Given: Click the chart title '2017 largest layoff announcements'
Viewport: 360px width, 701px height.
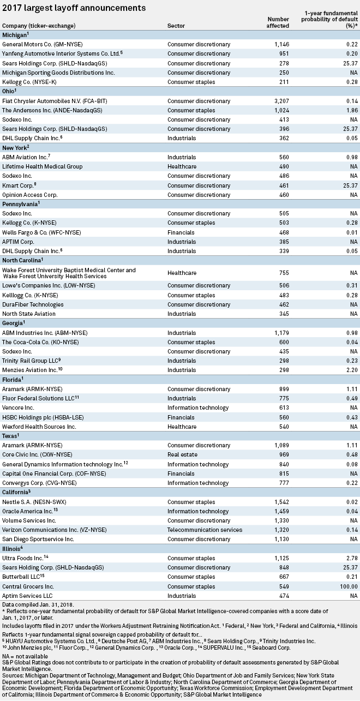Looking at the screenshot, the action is coord(74,8).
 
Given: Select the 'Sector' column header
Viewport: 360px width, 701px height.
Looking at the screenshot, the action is coord(176,26).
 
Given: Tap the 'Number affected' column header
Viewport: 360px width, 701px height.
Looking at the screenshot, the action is coord(278,22).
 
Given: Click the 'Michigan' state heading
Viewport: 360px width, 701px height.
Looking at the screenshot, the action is coord(14,35).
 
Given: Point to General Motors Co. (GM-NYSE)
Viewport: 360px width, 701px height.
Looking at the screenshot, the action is coord(42,44).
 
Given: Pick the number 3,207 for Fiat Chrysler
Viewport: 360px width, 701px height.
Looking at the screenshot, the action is coord(282,101).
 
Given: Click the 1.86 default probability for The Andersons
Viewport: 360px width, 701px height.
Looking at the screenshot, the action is coord(352,111).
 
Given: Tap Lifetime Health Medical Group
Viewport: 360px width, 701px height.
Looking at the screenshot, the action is coord(42,166).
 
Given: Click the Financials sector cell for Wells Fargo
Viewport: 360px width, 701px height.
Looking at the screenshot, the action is coord(181,232).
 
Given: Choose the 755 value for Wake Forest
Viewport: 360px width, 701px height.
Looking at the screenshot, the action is coord(284,273).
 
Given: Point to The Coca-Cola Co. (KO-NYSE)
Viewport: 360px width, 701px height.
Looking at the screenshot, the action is coord(40,342).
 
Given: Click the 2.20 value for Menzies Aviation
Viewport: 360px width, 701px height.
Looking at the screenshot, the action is coord(352,370).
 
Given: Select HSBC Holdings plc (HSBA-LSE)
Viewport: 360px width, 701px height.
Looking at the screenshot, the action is coord(43,417).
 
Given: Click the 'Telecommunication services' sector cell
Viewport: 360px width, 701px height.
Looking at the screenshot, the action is coord(205,530).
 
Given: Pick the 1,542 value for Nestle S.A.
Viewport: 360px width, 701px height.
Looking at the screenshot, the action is coord(282,502).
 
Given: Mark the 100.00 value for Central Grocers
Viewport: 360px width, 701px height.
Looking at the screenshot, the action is coord(349,586).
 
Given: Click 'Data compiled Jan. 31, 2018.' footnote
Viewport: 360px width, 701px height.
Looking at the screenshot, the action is coord(38,604).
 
